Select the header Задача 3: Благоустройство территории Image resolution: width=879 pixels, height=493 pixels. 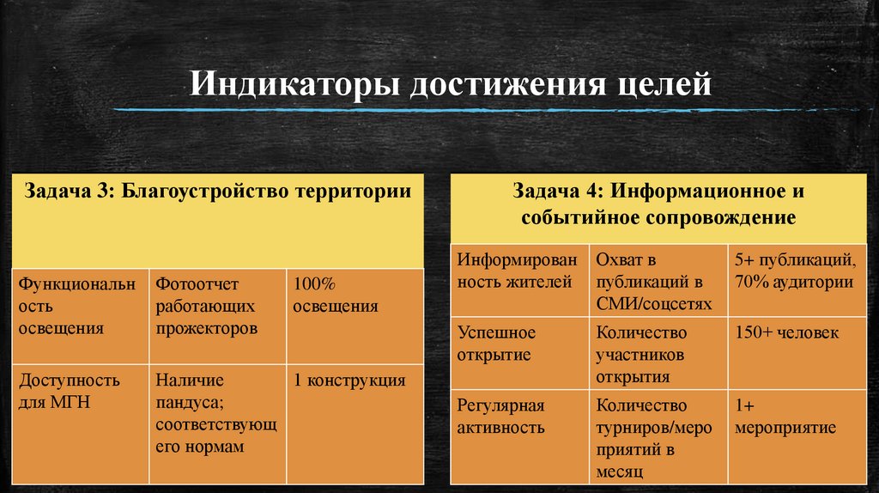point(218,191)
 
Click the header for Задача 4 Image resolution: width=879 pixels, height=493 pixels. point(658,204)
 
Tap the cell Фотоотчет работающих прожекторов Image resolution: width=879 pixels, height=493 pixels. point(217,306)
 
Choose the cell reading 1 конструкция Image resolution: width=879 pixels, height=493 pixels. point(354,380)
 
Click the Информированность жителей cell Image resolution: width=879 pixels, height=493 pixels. point(520,271)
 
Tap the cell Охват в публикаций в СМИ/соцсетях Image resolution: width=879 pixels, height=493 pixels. point(657,281)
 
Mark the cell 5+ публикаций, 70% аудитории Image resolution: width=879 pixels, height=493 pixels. point(794,271)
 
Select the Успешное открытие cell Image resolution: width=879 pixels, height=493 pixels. point(520,344)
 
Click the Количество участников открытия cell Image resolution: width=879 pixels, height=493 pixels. point(657,354)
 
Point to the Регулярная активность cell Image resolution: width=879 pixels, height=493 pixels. point(520,417)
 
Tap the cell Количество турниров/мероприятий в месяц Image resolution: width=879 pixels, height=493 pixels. point(657,437)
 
